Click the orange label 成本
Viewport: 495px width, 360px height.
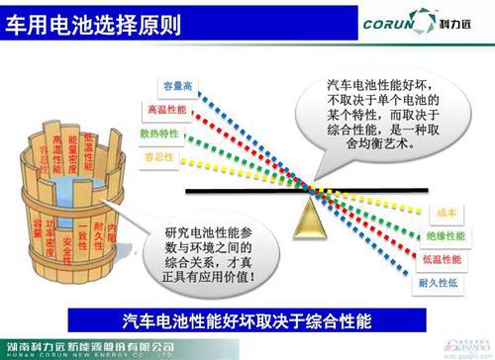click(444, 213)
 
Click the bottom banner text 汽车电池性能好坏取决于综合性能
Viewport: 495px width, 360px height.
click(247, 319)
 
